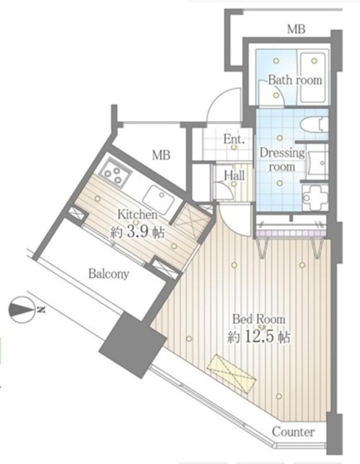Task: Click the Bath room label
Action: click(x=295, y=80)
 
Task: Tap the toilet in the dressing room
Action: click(x=314, y=125)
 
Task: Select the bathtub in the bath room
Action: click(x=314, y=78)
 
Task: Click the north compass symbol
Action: click(x=24, y=310)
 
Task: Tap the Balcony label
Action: click(x=109, y=274)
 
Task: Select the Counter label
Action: click(x=293, y=432)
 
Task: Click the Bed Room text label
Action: click(x=259, y=319)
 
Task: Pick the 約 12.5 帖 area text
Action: click(x=259, y=336)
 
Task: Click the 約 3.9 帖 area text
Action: click(x=138, y=232)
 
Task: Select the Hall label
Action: click(x=234, y=175)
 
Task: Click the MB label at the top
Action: click(x=296, y=29)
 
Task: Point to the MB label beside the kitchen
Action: click(x=161, y=154)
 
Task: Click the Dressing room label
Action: click(x=282, y=159)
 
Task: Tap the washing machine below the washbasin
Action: click(x=315, y=197)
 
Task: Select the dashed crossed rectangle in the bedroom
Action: click(x=230, y=370)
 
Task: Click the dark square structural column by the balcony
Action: click(x=133, y=344)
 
